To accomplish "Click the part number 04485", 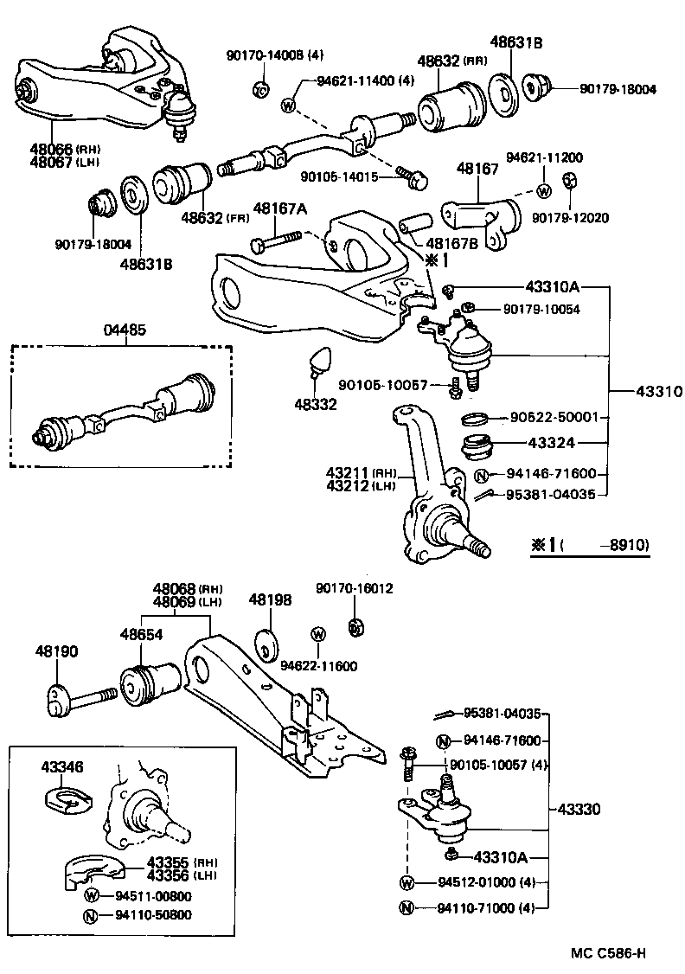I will pyautogui.click(x=125, y=330).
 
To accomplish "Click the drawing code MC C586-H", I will pyautogui.click(x=608, y=953).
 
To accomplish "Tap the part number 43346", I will pyautogui.click(x=62, y=766).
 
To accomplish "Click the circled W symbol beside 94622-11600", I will pyautogui.click(x=317, y=636).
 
